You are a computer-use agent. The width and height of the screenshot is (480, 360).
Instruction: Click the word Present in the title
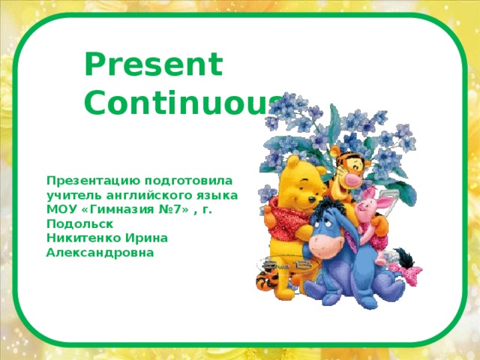[153, 65]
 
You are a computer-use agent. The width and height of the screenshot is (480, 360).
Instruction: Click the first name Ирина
[149, 238]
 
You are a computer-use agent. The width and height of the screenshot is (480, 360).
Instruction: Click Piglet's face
[368, 205]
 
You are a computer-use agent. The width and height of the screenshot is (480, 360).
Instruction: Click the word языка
[217, 195]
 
